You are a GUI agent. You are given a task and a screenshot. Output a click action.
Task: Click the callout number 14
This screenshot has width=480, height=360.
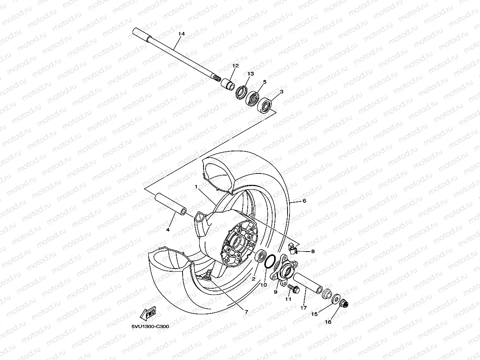[181, 34]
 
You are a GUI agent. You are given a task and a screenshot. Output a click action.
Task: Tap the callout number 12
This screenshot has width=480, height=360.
[235, 66]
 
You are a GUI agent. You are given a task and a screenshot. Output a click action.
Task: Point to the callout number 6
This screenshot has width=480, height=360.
[304, 201]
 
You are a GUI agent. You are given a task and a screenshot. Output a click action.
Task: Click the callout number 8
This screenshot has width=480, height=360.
[313, 251]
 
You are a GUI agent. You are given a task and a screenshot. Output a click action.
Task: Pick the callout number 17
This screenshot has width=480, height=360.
[303, 308]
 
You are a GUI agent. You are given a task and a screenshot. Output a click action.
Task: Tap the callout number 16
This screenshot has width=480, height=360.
[328, 322]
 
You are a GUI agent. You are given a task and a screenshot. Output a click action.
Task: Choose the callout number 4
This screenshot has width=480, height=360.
[168, 229]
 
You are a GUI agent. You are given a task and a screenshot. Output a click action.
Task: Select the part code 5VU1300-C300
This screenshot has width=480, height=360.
[150, 326]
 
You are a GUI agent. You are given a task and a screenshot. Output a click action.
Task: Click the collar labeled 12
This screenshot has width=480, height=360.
[228, 84]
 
